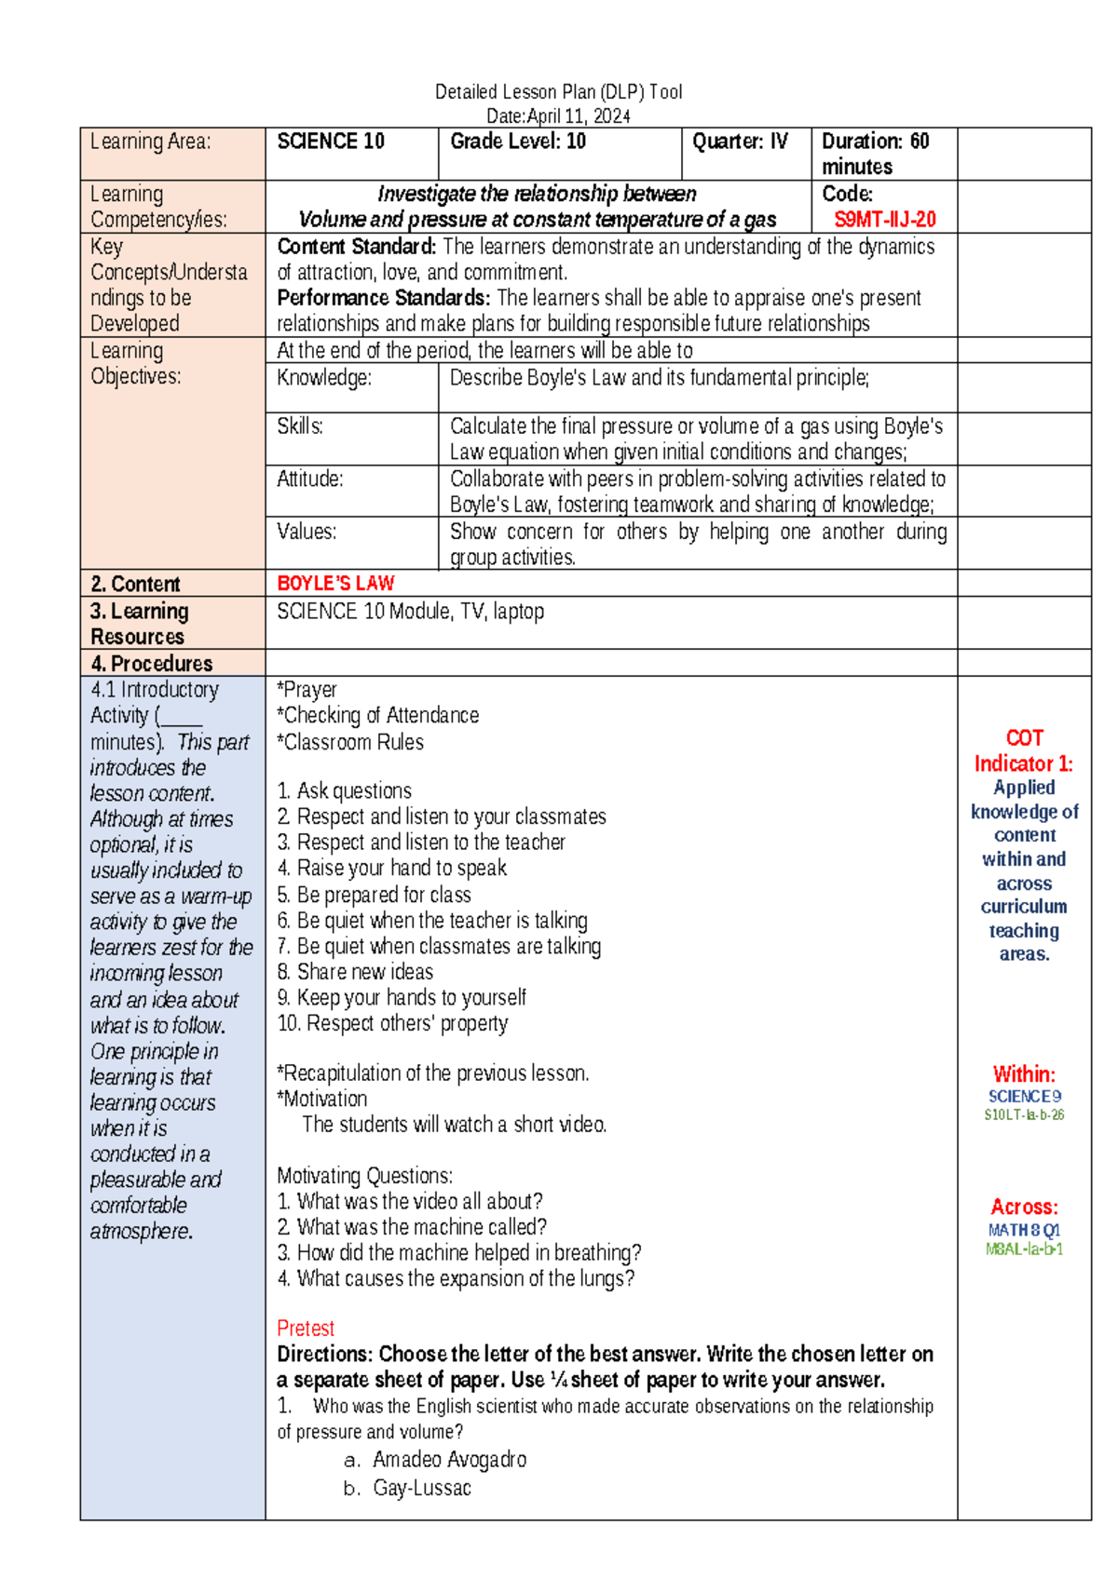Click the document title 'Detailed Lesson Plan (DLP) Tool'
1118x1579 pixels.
click(x=558, y=91)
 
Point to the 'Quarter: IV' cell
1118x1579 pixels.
click(x=740, y=142)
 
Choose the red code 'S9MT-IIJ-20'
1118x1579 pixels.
click(x=884, y=220)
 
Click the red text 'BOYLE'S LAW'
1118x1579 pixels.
click(x=335, y=584)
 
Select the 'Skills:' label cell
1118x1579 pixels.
click(x=300, y=426)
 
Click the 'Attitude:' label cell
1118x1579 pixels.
click(x=310, y=479)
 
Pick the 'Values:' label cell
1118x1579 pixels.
click(x=307, y=532)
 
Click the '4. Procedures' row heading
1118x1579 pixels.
click(x=152, y=664)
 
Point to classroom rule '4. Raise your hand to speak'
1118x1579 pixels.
click(x=392, y=869)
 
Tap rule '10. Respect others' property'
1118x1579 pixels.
click(x=392, y=1024)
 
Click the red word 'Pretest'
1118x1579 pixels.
click(x=306, y=1329)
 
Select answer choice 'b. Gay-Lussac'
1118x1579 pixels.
click(x=407, y=1489)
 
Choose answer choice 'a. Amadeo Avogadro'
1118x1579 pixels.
click(x=435, y=1460)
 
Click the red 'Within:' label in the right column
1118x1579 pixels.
click(x=1024, y=1074)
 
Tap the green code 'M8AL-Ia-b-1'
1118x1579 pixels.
click(x=1024, y=1249)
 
